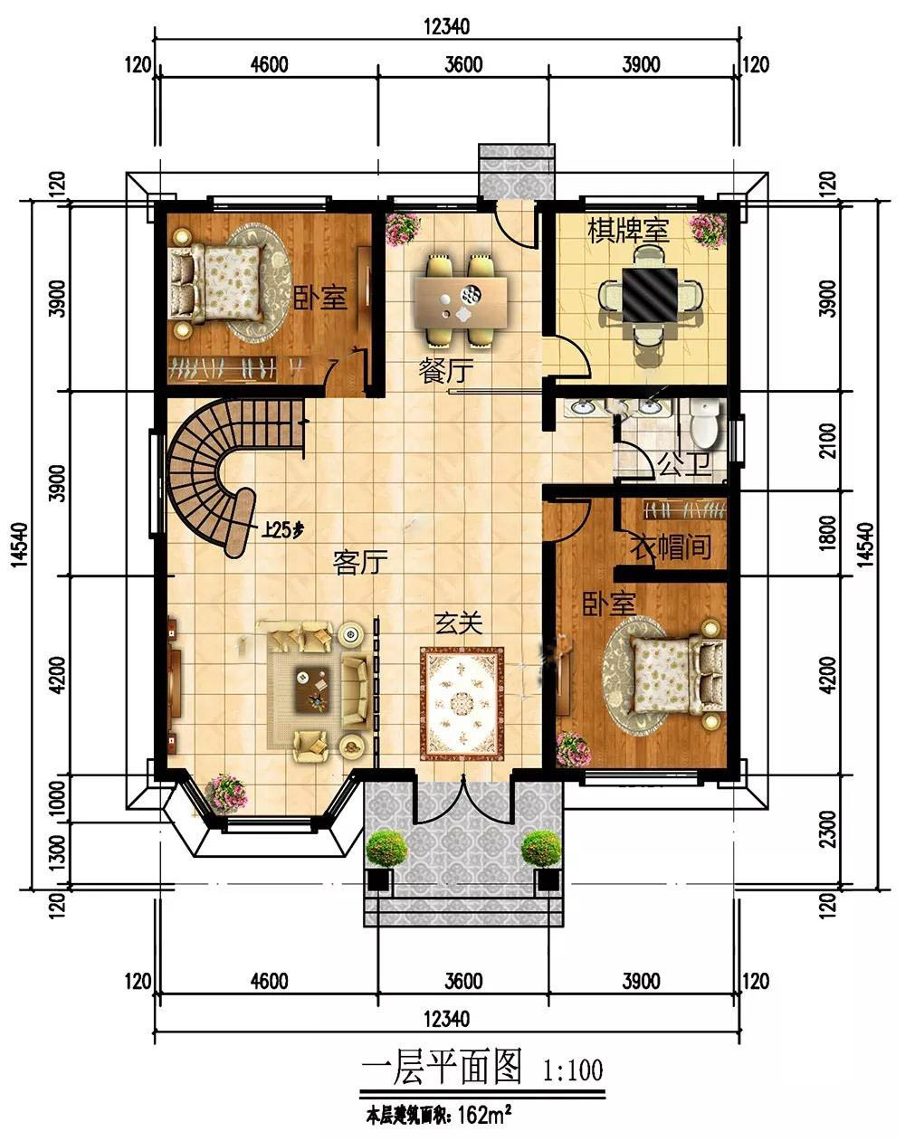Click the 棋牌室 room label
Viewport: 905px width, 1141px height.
coord(628,231)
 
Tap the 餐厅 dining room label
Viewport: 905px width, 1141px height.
coord(445,371)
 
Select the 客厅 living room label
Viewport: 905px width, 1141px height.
coord(360,562)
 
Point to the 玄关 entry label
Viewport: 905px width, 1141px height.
coord(459,623)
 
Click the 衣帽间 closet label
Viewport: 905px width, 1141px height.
coord(671,547)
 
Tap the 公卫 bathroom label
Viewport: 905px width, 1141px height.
coord(684,463)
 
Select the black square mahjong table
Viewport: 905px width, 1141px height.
coord(650,295)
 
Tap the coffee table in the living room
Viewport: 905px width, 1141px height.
coord(312,689)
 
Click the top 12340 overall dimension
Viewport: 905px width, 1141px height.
coord(447,26)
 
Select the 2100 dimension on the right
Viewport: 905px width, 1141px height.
coord(827,441)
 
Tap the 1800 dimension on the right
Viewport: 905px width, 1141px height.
coord(827,533)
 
